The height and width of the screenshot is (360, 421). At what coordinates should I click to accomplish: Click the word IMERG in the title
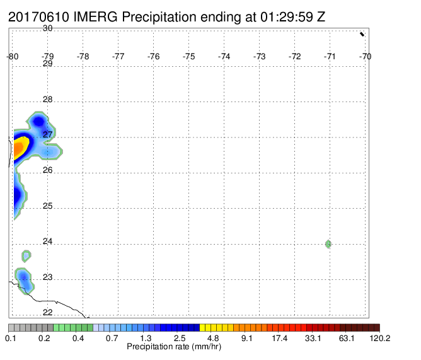pos(95,17)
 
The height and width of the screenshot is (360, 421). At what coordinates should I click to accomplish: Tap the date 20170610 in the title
pos(38,17)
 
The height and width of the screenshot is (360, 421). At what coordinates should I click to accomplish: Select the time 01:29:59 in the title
pos(287,17)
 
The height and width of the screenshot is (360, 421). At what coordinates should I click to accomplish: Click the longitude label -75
pos(188,56)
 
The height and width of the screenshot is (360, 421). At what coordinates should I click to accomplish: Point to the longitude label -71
pos(330,56)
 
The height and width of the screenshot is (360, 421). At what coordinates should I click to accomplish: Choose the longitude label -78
pos(83,56)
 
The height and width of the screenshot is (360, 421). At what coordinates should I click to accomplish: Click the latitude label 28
pos(47,100)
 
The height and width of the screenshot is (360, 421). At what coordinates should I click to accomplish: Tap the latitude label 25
pos(47,206)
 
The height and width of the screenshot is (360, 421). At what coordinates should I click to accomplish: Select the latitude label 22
pos(47,312)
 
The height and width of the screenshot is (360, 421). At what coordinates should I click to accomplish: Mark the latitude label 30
pos(47,28)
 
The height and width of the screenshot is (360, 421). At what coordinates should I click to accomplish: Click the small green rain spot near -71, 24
pos(328,244)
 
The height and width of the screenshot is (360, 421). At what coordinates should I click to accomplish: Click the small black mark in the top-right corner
pos(362,34)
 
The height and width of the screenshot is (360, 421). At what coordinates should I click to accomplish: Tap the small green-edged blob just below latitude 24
pos(26,256)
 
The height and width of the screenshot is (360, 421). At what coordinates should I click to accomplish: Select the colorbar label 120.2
pos(380,338)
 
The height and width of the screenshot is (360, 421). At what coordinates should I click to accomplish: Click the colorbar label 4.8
pos(213,338)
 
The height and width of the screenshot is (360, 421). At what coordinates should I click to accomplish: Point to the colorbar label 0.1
pos(11,338)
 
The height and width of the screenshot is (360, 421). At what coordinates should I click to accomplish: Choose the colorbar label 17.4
pos(279,338)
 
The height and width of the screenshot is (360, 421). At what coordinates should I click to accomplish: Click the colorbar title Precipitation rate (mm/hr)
pos(174,347)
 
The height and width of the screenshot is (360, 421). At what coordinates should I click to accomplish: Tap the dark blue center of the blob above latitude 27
pos(39,122)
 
